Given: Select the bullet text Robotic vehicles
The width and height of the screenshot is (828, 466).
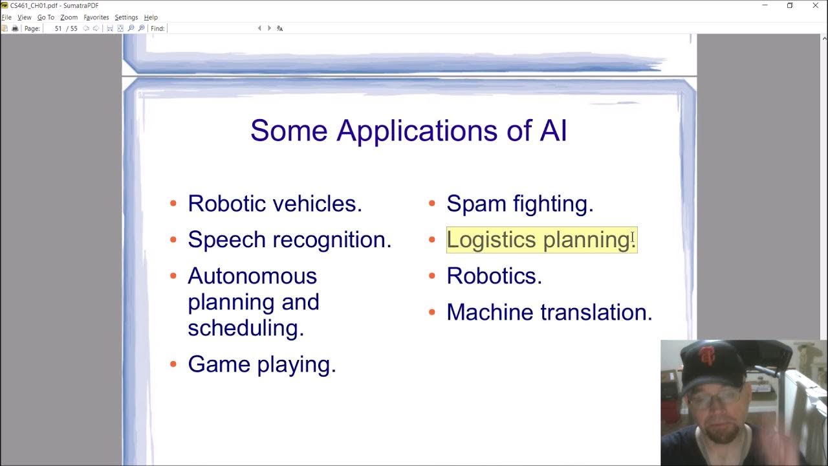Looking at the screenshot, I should [x=274, y=204].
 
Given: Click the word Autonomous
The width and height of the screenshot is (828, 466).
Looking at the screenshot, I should [x=252, y=276].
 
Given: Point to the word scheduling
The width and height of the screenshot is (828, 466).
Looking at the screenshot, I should [x=246, y=328].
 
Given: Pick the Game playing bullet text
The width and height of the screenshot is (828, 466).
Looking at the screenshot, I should [x=261, y=364].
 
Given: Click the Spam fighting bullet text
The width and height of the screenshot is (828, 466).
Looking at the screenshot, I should [x=519, y=204].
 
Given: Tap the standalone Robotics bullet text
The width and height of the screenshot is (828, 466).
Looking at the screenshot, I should [x=494, y=276].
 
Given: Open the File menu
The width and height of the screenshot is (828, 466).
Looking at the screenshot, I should [x=6, y=17].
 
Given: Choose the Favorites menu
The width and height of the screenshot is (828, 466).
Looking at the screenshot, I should [x=96, y=17].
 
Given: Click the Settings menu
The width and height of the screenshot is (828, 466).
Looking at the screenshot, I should [x=126, y=17].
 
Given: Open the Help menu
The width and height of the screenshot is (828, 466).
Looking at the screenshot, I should [x=151, y=17].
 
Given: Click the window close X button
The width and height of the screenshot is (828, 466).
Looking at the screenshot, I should [x=815, y=6].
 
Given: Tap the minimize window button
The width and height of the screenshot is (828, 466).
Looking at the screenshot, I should [x=765, y=6].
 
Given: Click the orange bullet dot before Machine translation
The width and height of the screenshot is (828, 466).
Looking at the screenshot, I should [x=432, y=313].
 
